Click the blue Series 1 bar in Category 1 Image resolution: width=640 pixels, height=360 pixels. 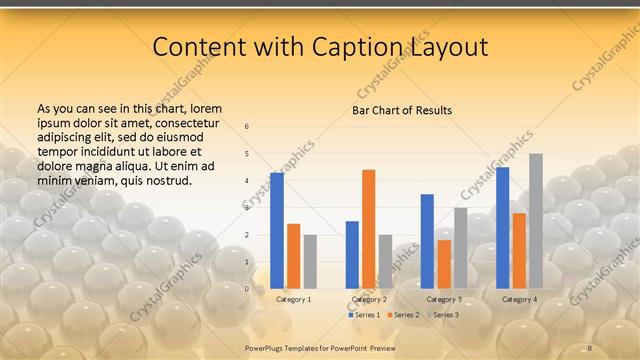(x=277, y=231)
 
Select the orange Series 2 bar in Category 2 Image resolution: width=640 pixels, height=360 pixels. (x=369, y=229)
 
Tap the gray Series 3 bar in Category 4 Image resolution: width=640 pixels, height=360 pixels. (x=536, y=221)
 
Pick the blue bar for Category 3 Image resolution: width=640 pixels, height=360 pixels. (x=427, y=241)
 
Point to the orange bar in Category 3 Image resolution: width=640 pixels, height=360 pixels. (x=444, y=264)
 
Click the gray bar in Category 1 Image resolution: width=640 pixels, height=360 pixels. (x=310, y=261)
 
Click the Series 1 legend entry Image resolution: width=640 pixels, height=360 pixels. (x=363, y=315)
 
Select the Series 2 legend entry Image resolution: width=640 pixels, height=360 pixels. (x=402, y=315)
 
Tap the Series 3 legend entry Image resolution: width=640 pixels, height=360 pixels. (x=441, y=315)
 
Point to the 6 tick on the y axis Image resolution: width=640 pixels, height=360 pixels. (x=247, y=127)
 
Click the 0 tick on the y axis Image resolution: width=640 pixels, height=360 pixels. (x=247, y=289)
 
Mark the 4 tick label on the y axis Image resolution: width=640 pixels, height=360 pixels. (x=247, y=181)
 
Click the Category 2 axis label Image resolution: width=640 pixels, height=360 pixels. (x=369, y=299)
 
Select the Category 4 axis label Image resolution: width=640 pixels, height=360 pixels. (x=519, y=299)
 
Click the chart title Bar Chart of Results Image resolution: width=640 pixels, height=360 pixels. (x=402, y=110)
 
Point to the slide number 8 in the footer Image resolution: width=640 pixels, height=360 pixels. (x=590, y=347)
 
